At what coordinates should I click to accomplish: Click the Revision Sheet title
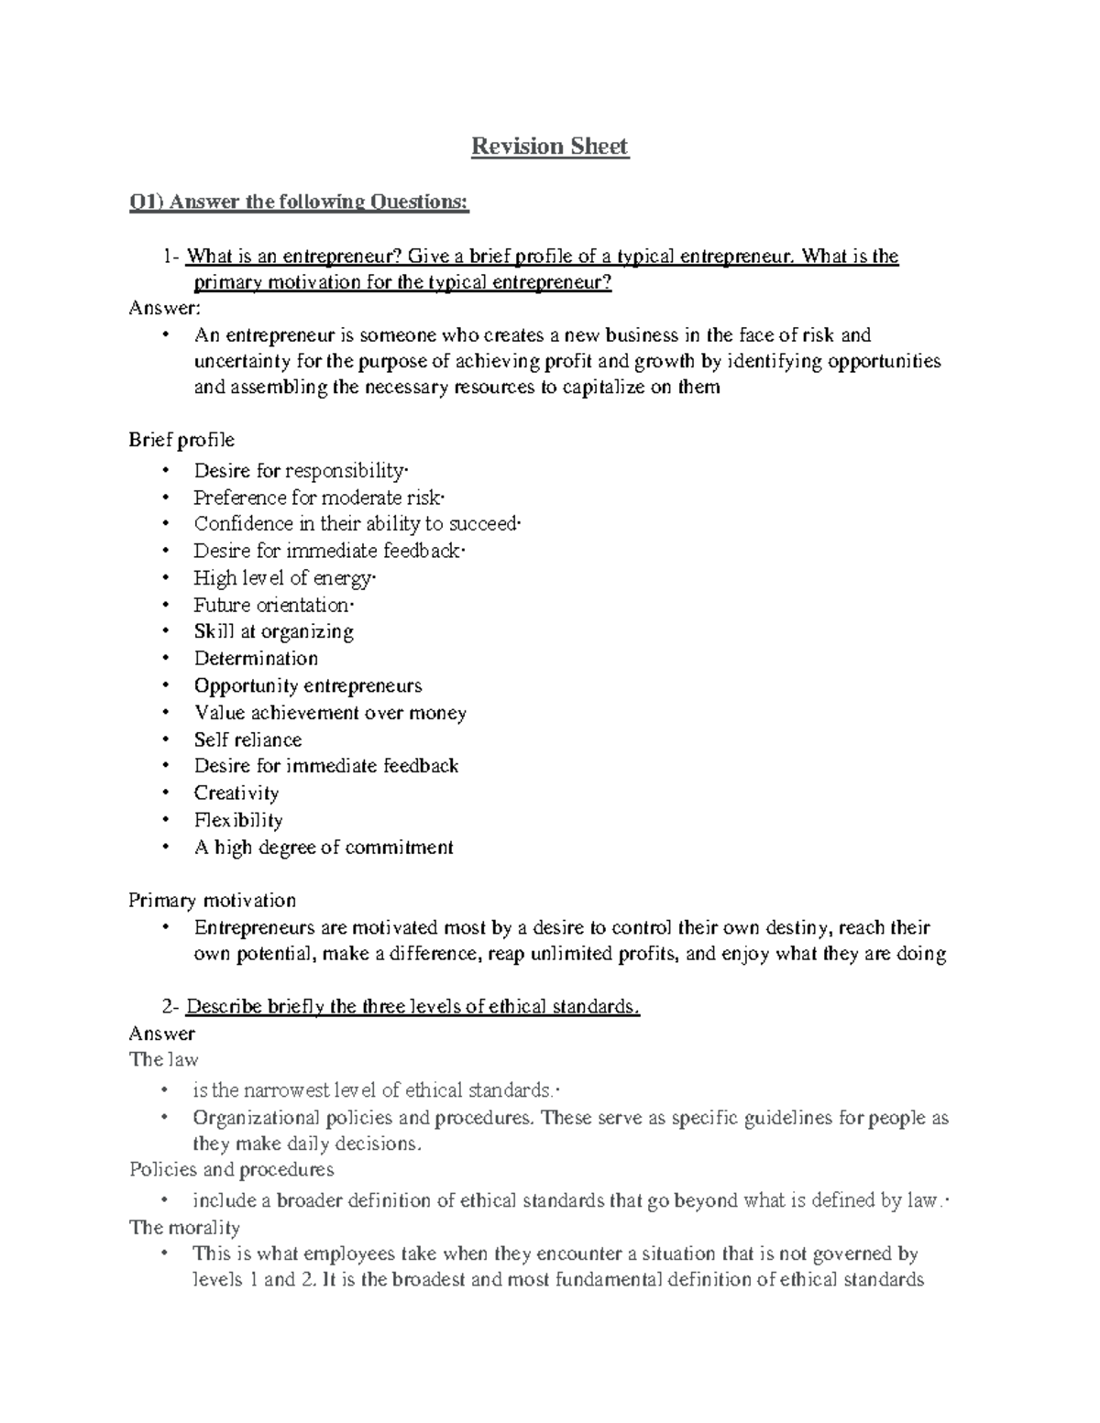tap(549, 147)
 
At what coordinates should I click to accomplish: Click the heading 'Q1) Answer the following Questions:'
tap(299, 202)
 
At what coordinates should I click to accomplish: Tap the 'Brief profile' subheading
tap(181, 441)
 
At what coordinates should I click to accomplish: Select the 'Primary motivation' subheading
tap(212, 900)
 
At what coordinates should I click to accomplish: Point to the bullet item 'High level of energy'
tap(283, 578)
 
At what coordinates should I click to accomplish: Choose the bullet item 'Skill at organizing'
tap(273, 631)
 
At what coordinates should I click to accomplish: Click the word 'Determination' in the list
tap(256, 658)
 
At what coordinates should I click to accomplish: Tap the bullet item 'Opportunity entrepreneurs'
tap(307, 685)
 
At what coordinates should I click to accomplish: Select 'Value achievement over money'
tap(330, 713)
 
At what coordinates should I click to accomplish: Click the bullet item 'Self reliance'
tap(247, 739)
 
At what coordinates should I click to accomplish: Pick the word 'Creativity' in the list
tap(236, 793)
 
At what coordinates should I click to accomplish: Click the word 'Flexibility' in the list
tap(238, 820)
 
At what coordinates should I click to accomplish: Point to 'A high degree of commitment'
tap(324, 848)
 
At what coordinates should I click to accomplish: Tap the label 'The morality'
tap(184, 1227)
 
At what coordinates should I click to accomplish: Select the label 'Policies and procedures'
tap(231, 1169)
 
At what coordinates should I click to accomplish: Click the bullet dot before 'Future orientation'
tap(165, 605)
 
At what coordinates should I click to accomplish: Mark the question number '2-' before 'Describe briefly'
tap(170, 1007)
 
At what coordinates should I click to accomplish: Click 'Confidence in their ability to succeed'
tap(356, 524)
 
